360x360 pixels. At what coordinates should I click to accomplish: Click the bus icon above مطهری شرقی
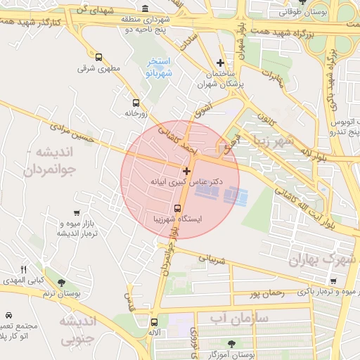click(x=98, y=58)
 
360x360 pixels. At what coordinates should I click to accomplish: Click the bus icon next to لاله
click(x=154, y=322)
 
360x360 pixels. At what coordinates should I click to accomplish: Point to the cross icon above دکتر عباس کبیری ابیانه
click(x=186, y=171)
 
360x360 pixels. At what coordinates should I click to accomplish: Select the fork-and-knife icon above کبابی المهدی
click(x=23, y=269)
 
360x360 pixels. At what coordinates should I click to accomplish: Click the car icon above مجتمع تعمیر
click(x=8, y=316)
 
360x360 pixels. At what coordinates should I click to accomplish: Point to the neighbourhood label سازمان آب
click(x=239, y=318)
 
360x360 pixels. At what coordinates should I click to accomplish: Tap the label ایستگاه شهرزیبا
click(x=176, y=219)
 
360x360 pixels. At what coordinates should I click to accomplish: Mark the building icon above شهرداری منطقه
click(x=145, y=9)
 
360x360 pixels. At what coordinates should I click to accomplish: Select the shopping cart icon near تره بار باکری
click(x=333, y=281)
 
